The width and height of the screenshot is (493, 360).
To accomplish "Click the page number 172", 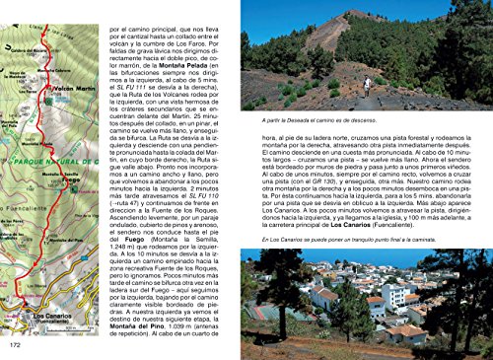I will click(x=15, y=345).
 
